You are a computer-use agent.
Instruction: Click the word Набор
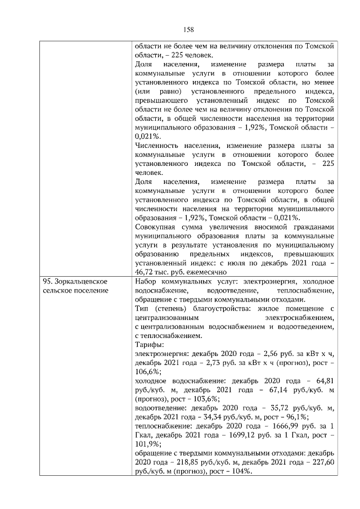tap(147, 281)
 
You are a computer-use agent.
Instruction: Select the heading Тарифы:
tap(150, 344)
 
